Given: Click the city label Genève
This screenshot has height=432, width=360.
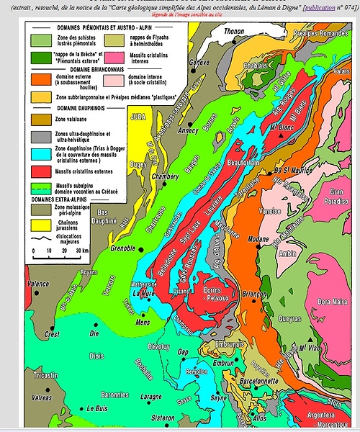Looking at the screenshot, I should pos(198,63).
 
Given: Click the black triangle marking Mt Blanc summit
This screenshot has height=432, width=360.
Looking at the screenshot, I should pos(272,127).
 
